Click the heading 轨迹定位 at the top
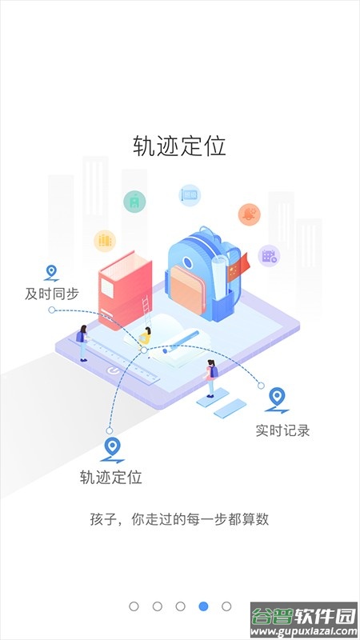click(179, 146)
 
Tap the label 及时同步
click(52, 294)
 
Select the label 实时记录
click(283, 430)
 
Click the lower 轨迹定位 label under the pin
click(111, 477)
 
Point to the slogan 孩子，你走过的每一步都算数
click(179, 519)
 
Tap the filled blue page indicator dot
click(203, 606)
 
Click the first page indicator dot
click(134, 606)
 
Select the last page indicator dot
click(226, 606)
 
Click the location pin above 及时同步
click(51, 273)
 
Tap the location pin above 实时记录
click(277, 399)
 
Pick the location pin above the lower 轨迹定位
click(112, 450)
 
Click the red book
click(126, 290)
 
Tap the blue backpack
click(200, 274)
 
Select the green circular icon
click(134, 202)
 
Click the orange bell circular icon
click(250, 214)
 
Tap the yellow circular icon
click(105, 241)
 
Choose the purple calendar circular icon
click(269, 256)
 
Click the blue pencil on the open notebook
click(181, 342)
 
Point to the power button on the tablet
click(114, 371)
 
